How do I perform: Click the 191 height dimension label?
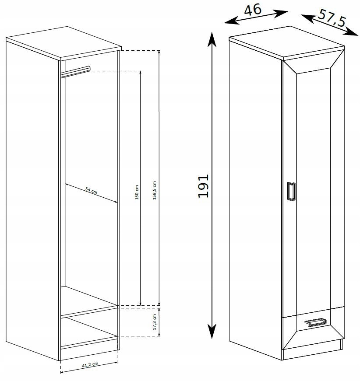(203, 186)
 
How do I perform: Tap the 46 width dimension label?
(253, 10)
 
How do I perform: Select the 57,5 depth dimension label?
(332, 18)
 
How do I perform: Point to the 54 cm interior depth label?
(91, 190)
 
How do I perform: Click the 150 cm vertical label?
(137, 192)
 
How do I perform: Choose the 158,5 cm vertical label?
(155, 190)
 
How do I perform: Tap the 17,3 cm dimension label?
(155, 322)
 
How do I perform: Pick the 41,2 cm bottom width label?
(90, 364)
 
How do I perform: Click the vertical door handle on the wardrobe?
(291, 191)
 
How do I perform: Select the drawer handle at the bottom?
(315, 322)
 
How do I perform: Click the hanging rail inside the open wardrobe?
(75, 72)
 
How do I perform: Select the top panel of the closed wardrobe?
(287, 43)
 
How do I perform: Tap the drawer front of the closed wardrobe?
(313, 329)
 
